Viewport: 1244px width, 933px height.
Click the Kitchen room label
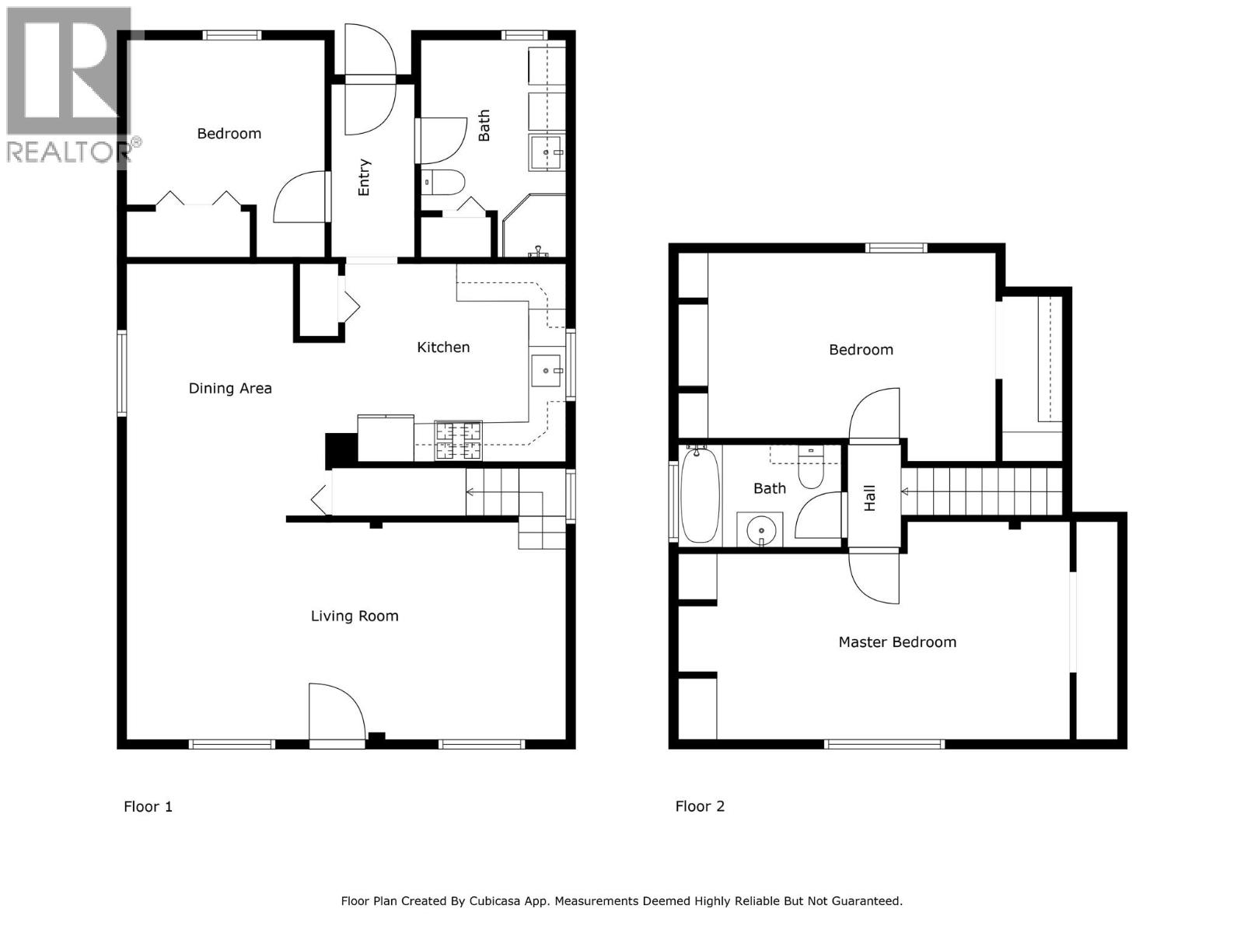(x=443, y=348)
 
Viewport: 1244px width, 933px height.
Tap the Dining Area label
(x=230, y=388)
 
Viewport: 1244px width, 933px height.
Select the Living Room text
(x=355, y=616)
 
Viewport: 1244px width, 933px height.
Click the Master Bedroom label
(x=897, y=642)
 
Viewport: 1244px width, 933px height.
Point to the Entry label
(x=364, y=177)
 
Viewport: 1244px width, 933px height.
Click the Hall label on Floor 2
(x=870, y=498)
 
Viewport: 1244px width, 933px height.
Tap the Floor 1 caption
(x=148, y=806)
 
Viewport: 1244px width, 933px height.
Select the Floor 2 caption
(x=700, y=806)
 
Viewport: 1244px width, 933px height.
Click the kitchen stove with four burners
(x=459, y=441)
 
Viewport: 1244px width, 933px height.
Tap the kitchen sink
(x=547, y=370)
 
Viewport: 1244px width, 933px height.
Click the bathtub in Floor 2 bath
(x=700, y=494)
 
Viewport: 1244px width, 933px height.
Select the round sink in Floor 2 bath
(x=761, y=531)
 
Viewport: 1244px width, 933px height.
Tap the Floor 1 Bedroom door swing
(x=300, y=197)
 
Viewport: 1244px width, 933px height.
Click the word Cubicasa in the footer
(x=500, y=901)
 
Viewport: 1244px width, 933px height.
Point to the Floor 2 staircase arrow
(x=905, y=491)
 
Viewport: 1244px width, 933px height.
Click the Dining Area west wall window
(x=122, y=373)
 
